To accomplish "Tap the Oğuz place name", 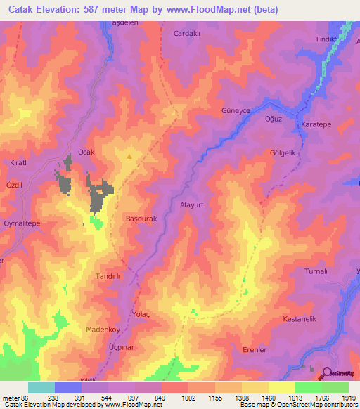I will click(x=273, y=119).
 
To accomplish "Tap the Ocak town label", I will click(x=86, y=152).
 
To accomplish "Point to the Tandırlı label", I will click(x=108, y=276).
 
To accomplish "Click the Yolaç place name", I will click(x=141, y=315).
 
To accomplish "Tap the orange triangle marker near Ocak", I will click(x=129, y=157).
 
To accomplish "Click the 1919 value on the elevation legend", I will click(x=349, y=397).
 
